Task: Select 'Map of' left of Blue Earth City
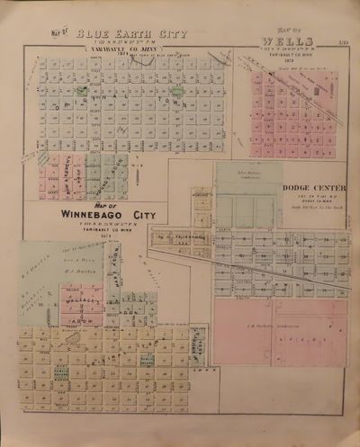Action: (62, 36)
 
